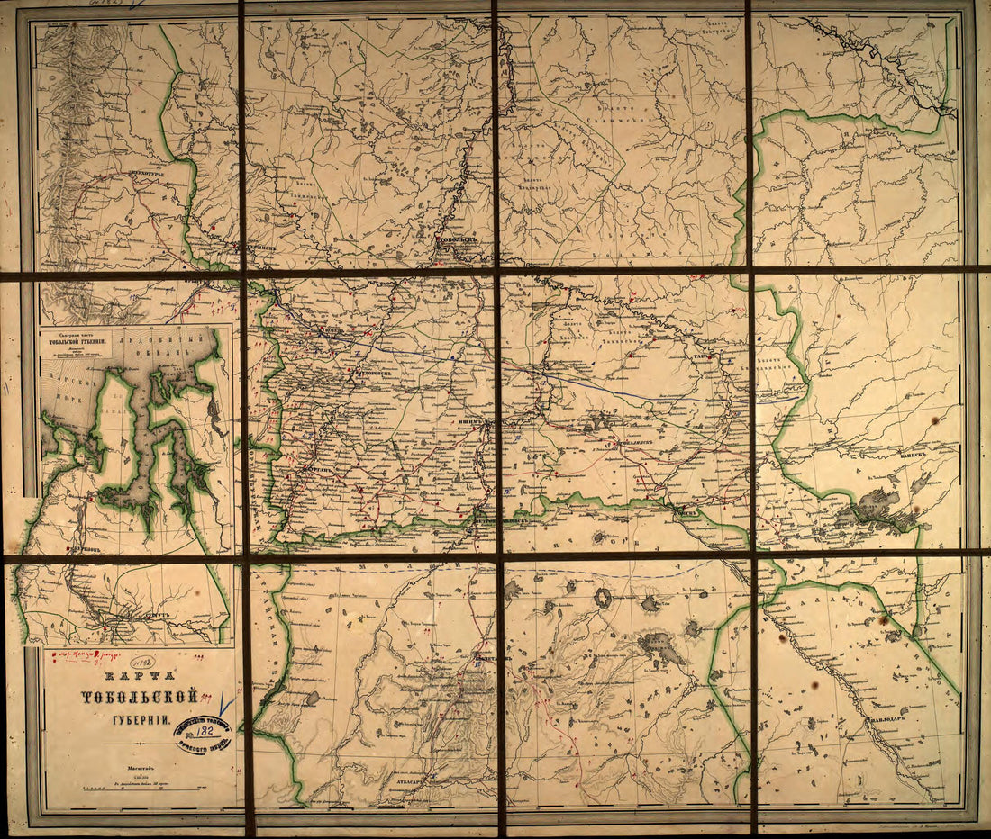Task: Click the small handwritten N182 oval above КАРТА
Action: pos(141,662)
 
